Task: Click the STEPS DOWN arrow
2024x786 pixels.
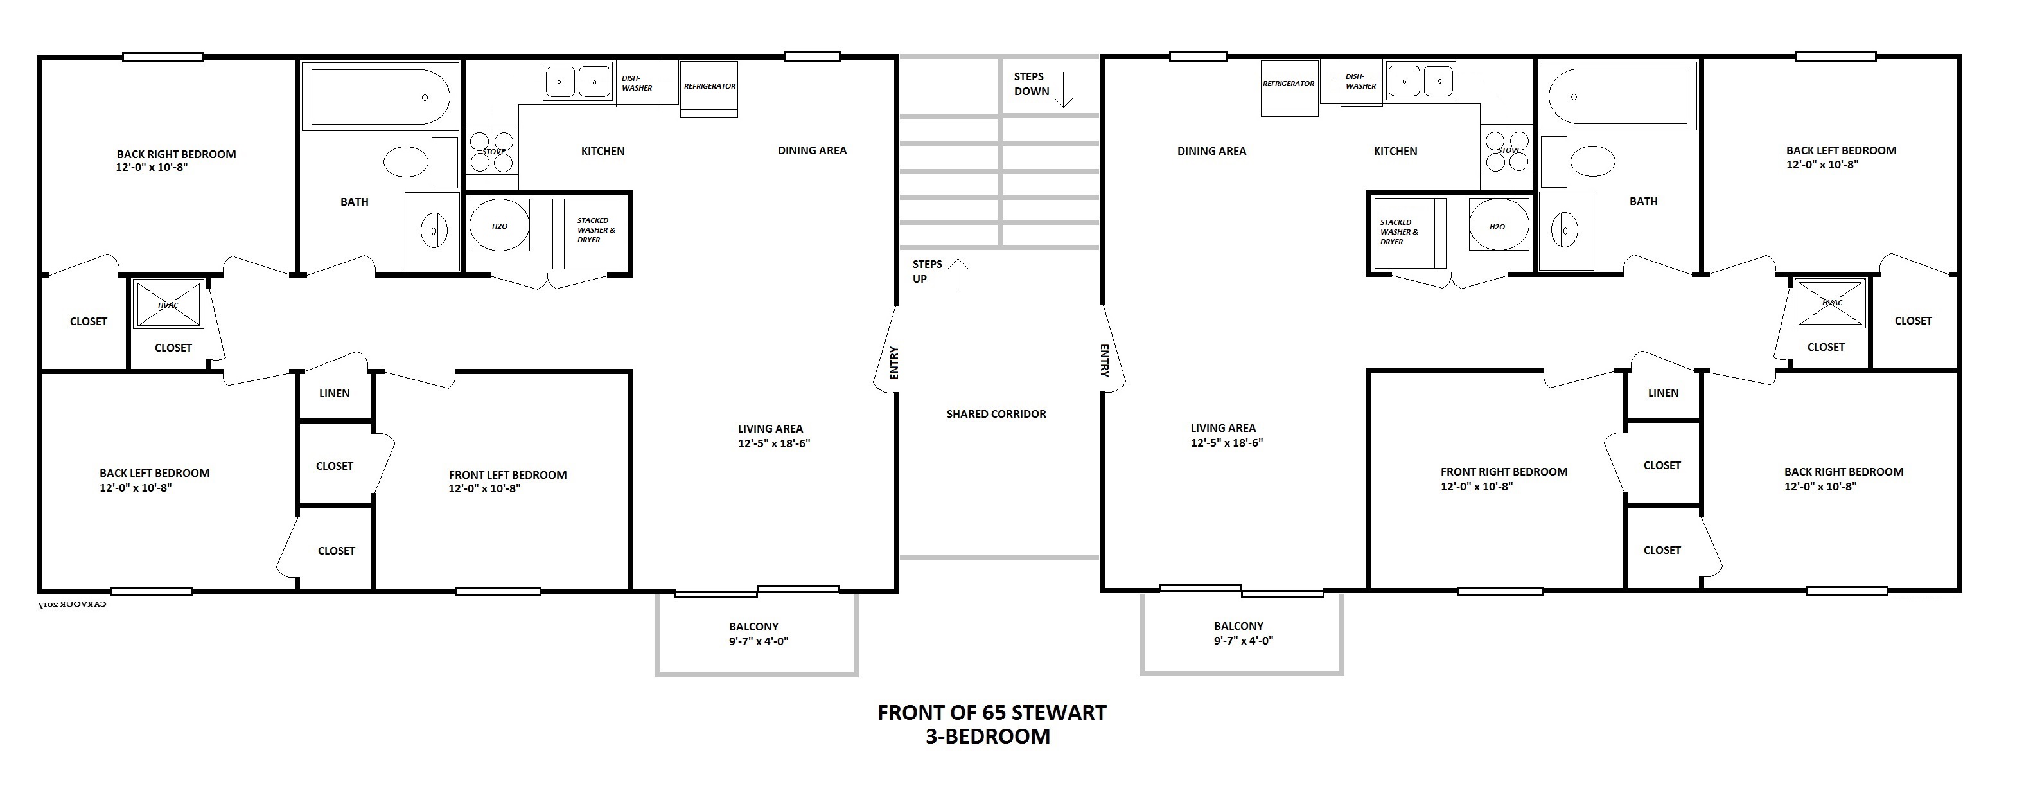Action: (1063, 89)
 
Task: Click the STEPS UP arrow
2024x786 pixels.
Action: (958, 274)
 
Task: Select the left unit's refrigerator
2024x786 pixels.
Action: (708, 89)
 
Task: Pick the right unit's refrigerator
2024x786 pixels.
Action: (1289, 88)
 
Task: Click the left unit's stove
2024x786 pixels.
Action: (493, 152)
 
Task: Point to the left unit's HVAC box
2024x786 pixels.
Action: (169, 303)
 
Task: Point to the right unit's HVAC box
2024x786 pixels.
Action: (1831, 303)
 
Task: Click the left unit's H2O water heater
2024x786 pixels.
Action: (500, 226)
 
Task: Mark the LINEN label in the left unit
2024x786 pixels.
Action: (335, 394)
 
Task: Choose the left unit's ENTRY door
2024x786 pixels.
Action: (886, 350)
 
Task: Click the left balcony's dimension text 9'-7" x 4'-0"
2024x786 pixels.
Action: (759, 641)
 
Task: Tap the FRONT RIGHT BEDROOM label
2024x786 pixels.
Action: (1504, 472)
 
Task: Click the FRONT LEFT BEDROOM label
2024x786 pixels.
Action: (507, 476)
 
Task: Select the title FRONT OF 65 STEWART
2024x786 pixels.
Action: (992, 713)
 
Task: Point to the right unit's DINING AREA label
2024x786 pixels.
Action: (1211, 152)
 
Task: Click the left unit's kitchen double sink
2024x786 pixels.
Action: (577, 81)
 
